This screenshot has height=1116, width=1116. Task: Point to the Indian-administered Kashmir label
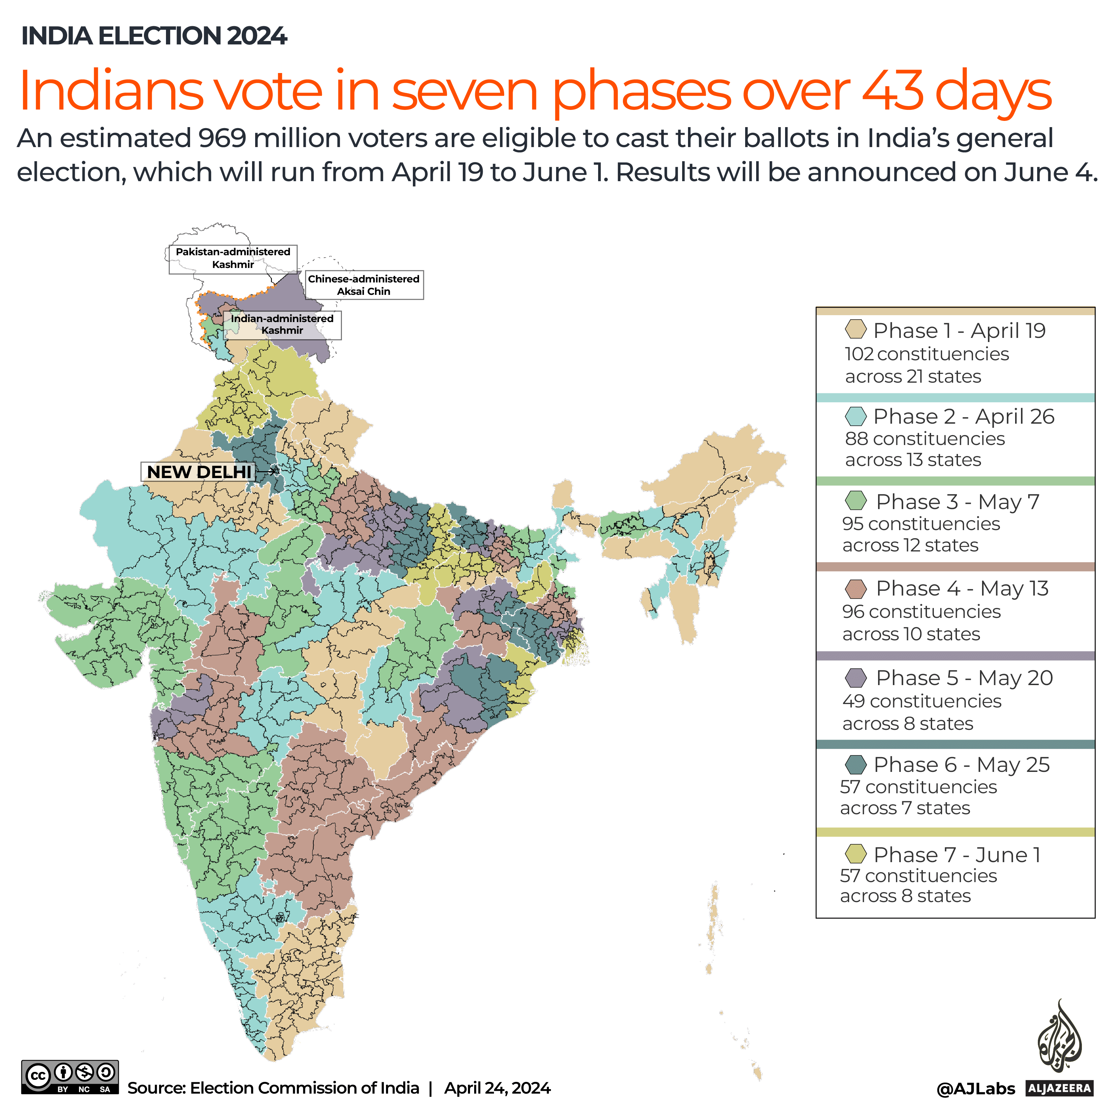[282, 324]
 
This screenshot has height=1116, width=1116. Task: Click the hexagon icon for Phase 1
[855, 329]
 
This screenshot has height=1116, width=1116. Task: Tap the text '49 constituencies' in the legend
[921, 701]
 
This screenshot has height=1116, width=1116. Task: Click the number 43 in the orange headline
[893, 91]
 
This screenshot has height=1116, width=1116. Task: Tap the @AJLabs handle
[975, 1089]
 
